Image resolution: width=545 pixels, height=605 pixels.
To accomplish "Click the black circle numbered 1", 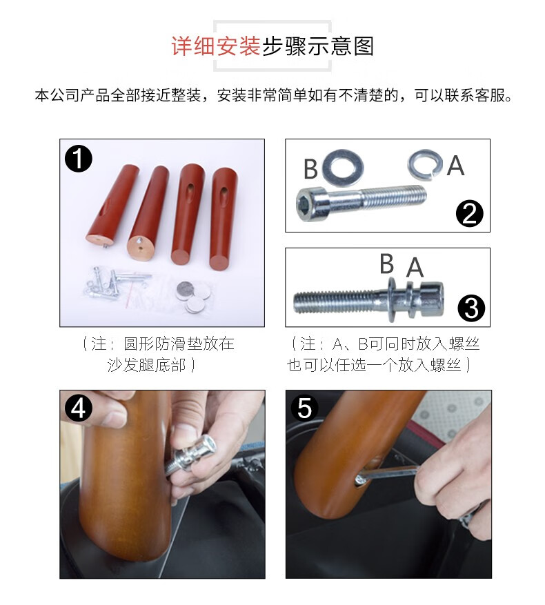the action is pyautogui.click(x=79, y=159).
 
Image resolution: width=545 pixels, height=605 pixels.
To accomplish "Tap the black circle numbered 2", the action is pyautogui.click(x=469, y=213).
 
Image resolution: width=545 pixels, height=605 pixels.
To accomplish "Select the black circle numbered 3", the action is pyautogui.click(x=471, y=308).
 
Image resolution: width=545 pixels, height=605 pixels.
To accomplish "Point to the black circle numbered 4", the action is pyautogui.click(x=79, y=408).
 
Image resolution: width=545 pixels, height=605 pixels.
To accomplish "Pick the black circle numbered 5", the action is pyautogui.click(x=304, y=408).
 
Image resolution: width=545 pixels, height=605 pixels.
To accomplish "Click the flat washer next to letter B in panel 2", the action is pyautogui.click(x=343, y=168).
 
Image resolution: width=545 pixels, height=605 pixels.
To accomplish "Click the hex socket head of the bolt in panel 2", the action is pyautogui.click(x=312, y=204).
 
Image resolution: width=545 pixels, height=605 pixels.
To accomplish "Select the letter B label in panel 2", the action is pyautogui.click(x=310, y=168).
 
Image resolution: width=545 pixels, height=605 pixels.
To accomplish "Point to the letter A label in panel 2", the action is pyautogui.click(x=455, y=166).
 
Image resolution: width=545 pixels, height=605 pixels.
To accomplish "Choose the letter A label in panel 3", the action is pyautogui.click(x=415, y=267).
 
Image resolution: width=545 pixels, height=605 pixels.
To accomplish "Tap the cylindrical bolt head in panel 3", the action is pyautogui.click(x=431, y=299).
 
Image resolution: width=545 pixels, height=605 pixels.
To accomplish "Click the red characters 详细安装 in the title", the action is pyautogui.click(x=216, y=46).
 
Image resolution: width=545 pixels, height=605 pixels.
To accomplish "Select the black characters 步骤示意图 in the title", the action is pyautogui.click(x=318, y=46).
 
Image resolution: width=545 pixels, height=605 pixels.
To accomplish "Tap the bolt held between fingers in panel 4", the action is pyautogui.click(x=190, y=457).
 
